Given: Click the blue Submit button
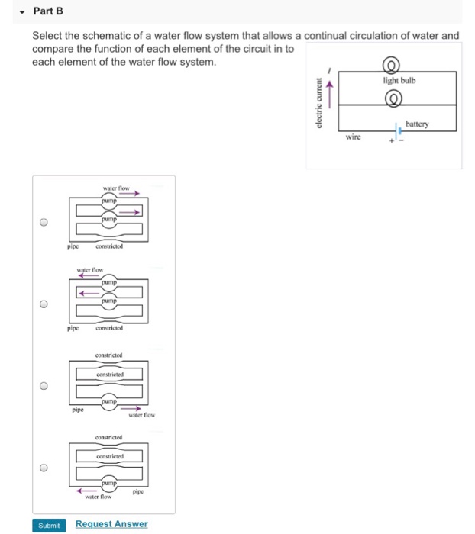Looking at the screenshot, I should point(48,524).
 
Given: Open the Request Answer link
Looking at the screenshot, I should point(111,524).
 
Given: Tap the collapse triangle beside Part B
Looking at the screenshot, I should point(24,11).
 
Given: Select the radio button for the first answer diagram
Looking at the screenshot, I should point(45,223).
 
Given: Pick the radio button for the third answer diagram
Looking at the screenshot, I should point(45,386).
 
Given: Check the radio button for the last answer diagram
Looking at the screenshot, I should point(45,468).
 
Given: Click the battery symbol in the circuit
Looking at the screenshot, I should point(397,130).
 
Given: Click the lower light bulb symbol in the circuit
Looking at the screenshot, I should point(395,98).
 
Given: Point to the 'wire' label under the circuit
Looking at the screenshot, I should point(353,138).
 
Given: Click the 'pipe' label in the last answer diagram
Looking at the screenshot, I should point(139,492).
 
